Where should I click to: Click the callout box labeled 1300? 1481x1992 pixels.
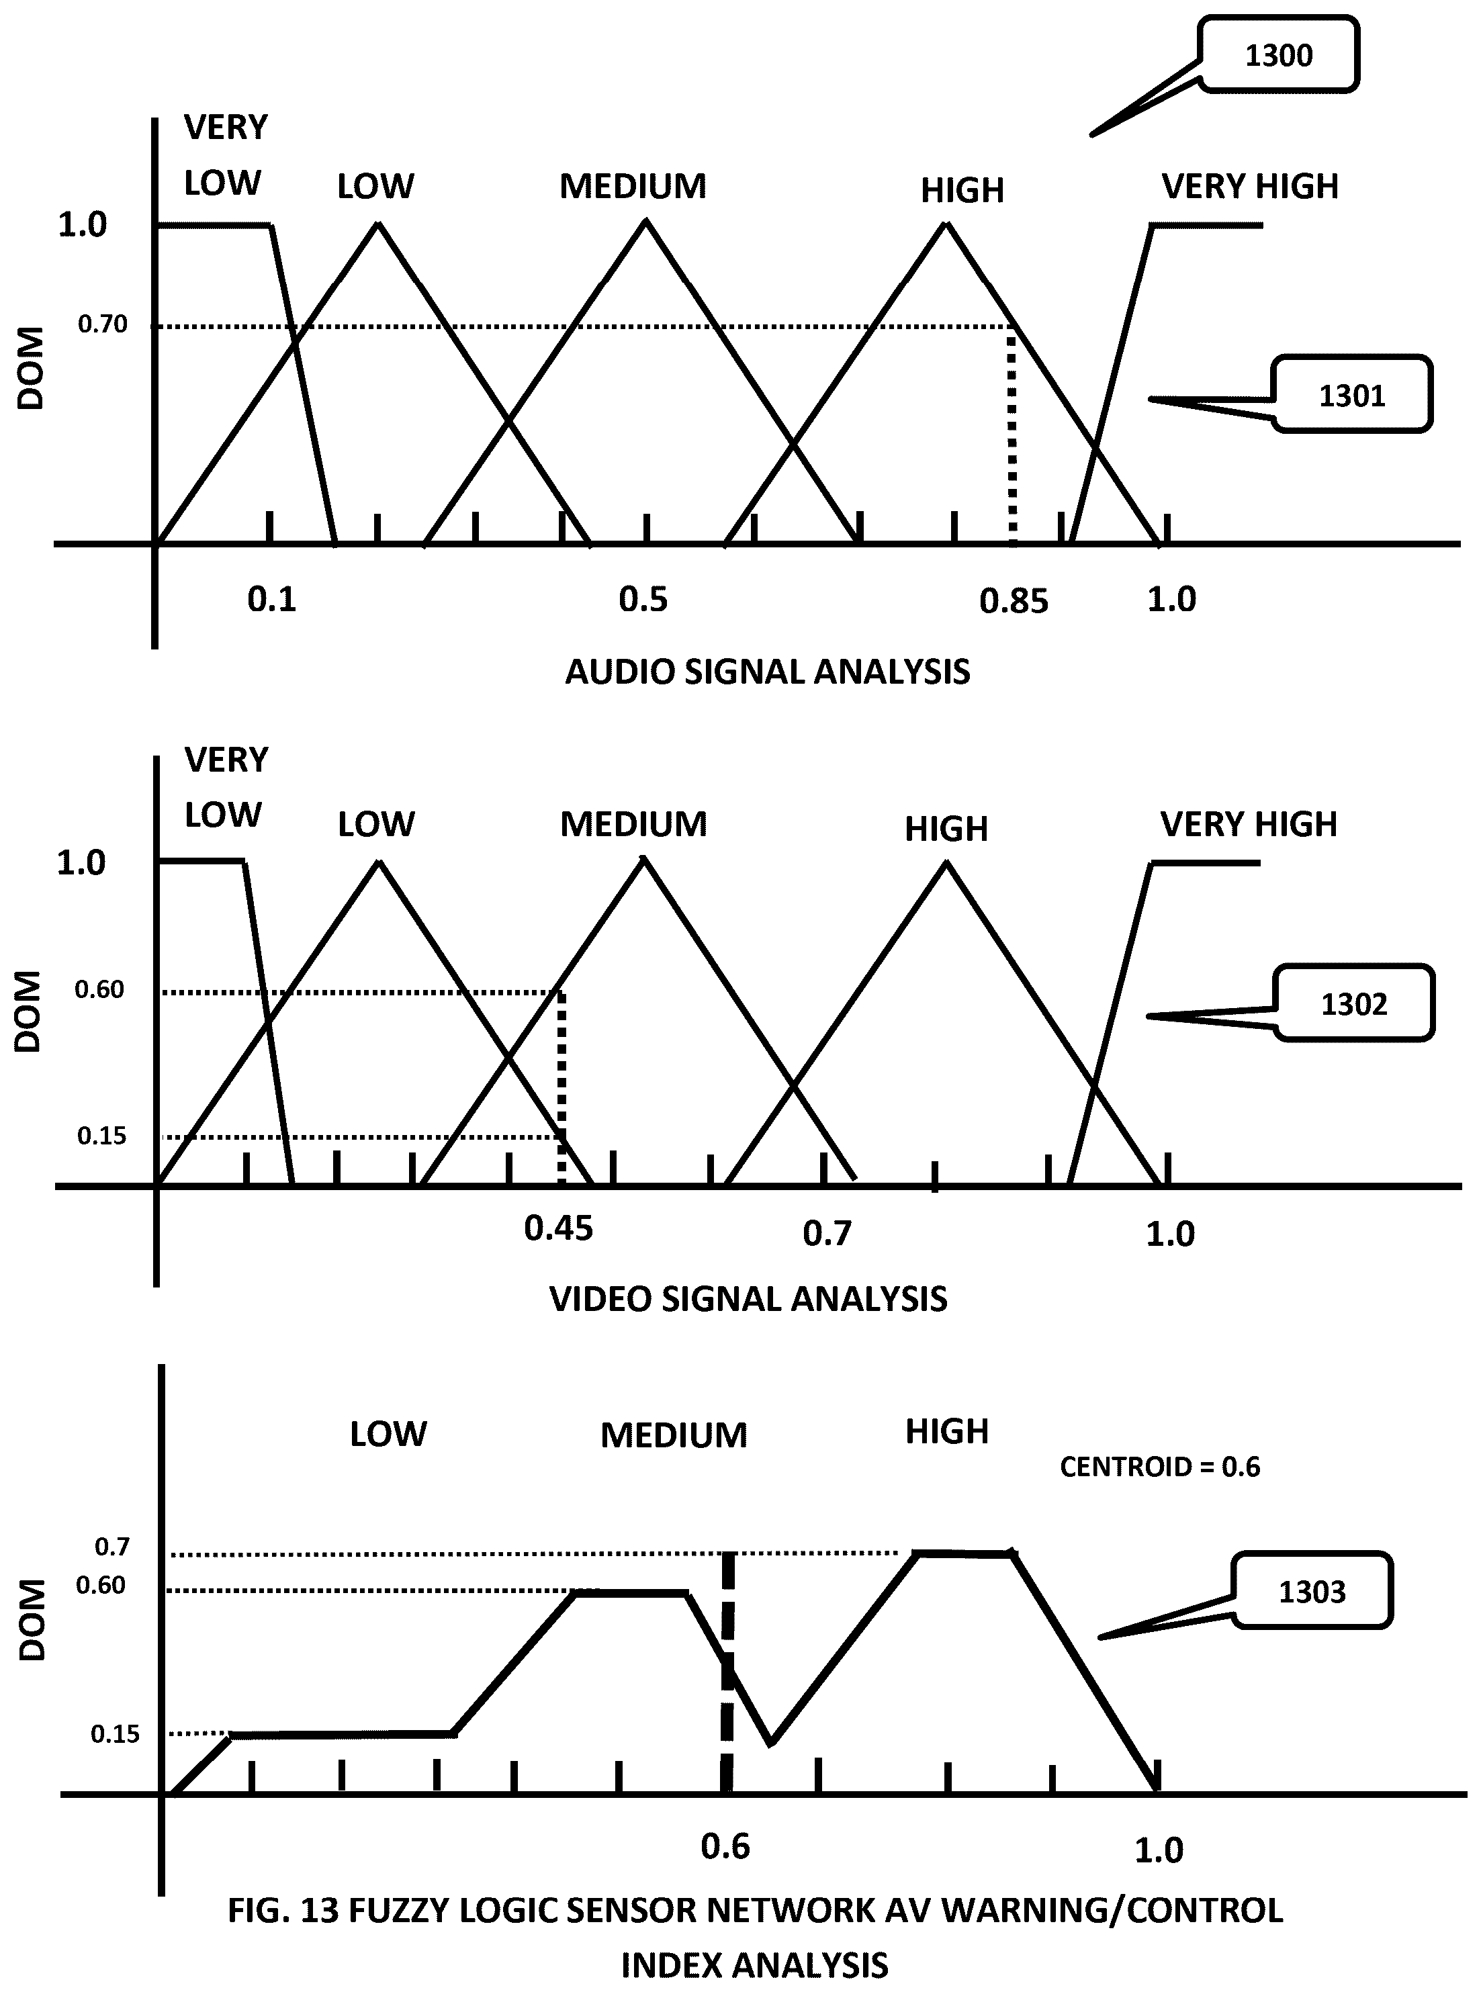[1280, 54]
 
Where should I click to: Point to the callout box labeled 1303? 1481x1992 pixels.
[1312, 1591]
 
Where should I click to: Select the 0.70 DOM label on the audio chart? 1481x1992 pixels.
[102, 324]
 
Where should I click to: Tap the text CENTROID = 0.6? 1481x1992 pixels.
[1160, 1467]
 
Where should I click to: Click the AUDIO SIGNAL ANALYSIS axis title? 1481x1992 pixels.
[768, 672]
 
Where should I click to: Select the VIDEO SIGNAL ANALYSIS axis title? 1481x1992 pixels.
[749, 1299]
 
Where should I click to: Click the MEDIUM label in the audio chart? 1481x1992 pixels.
[633, 187]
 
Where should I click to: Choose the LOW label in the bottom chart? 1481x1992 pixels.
[388, 1435]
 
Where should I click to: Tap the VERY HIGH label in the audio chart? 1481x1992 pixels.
[1250, 187]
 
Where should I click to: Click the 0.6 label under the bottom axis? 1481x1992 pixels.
[725, 1846]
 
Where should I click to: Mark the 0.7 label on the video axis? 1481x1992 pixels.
[827, 1234]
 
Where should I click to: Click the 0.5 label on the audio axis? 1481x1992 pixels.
[643, 599]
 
